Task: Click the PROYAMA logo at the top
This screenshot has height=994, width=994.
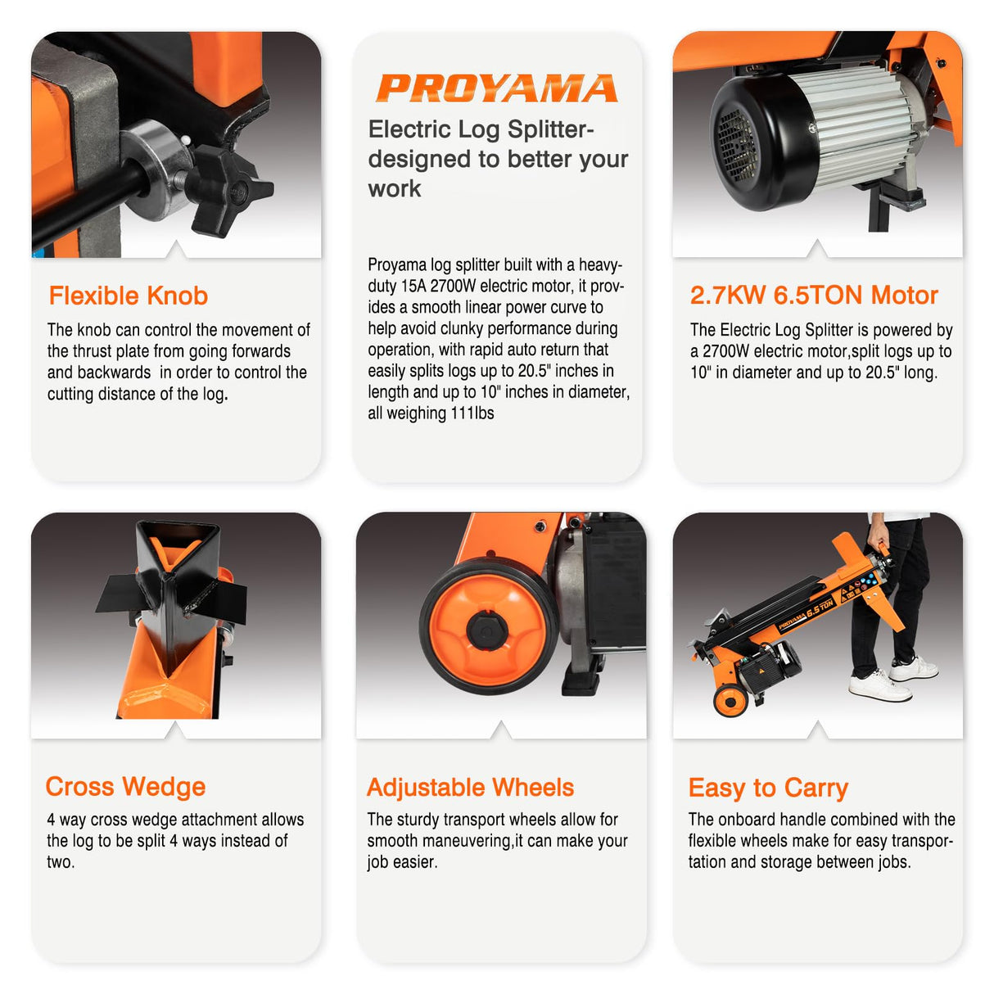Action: [x=496, y=88]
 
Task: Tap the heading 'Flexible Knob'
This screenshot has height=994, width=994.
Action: [x=128, y=296]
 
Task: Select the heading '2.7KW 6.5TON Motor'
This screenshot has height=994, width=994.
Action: [x=814, y=296]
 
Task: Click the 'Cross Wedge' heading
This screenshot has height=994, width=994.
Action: [x=125, y=786]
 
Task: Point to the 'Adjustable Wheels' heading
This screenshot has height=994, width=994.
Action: [x=470, y=787]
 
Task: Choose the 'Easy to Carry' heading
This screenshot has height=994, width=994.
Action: [x=768, y=788]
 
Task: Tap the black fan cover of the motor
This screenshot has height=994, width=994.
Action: [x=741, y=147]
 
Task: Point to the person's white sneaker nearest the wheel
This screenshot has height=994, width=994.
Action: [x=879, y=685]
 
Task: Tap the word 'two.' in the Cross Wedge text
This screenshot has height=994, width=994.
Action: [x=60, y=862]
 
